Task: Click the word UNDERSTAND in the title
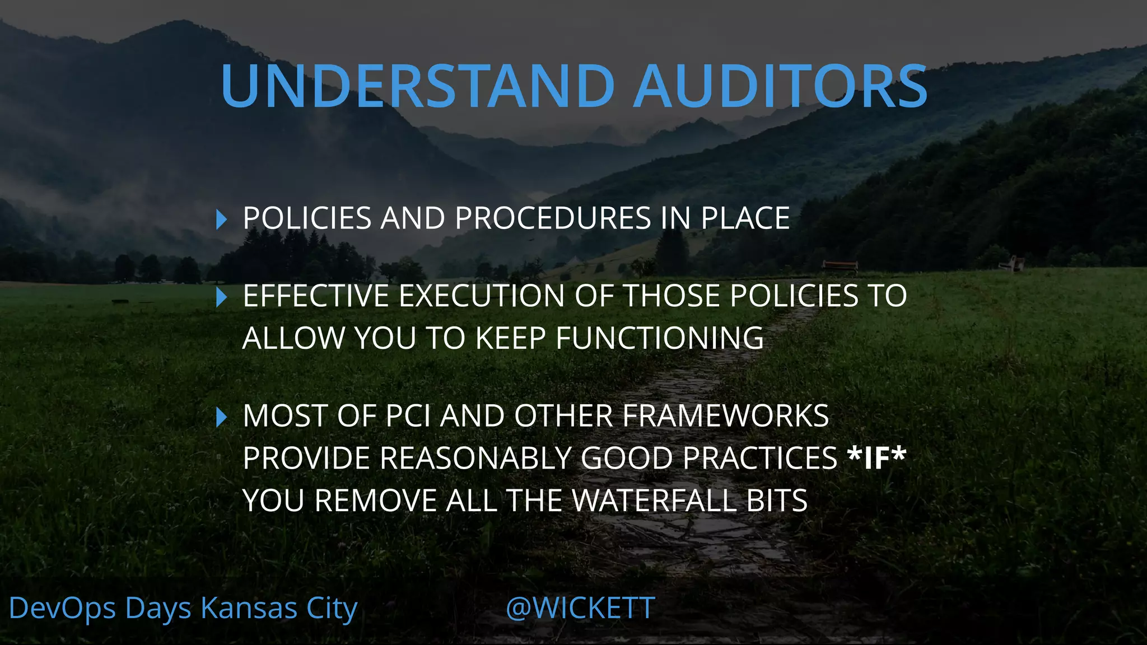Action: click(418, 86)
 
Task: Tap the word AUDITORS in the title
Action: click(781, 86)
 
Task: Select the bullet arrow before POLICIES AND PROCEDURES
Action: click(222, 219)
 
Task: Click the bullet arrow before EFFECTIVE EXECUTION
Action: click(222, 297)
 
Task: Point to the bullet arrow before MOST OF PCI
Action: click(222, 417)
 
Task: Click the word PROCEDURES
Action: click(553, 218)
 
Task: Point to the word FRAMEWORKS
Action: click(726, 416)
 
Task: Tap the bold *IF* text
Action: click(877, 459)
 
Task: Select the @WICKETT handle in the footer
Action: click(580, 608)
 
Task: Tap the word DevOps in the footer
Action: click(62, 609)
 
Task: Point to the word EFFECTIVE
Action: click(316, 296)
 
